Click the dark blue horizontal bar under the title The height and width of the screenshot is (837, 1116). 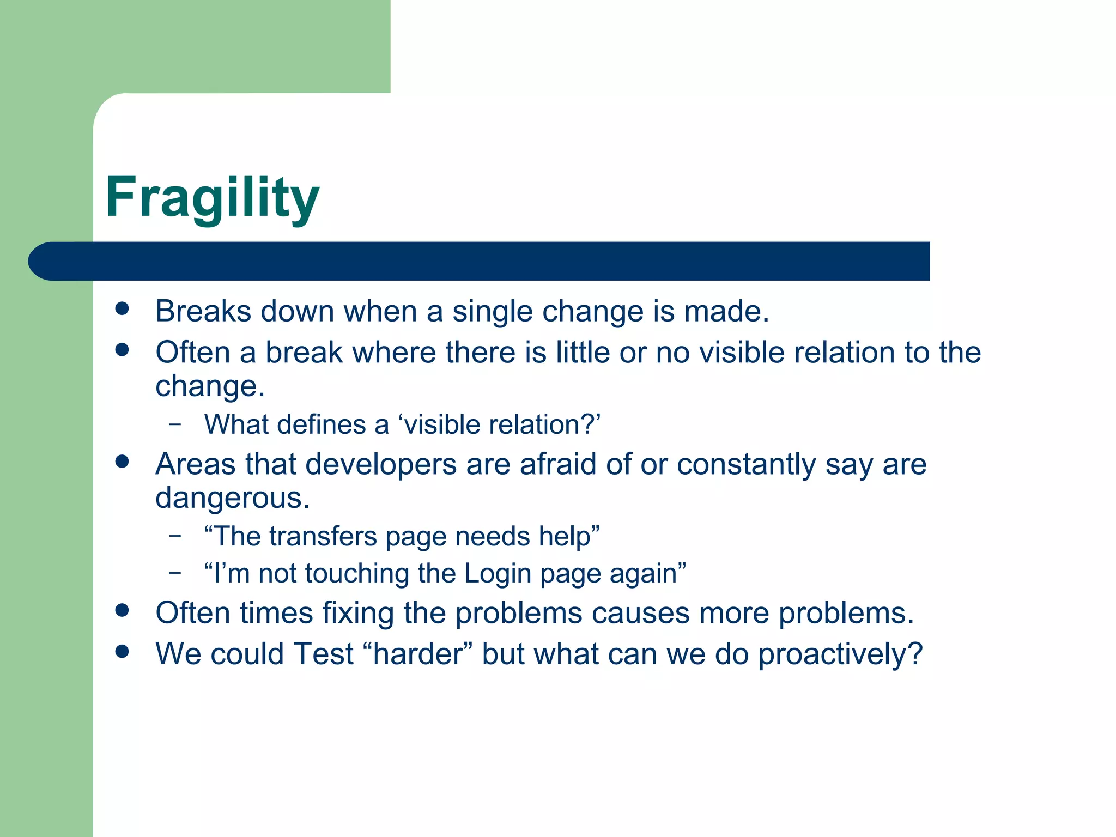(480, 261)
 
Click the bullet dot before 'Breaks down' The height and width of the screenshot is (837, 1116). (122, 309)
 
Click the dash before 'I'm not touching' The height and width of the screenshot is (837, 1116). (175, 572)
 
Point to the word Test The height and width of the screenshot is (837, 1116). (323, 654)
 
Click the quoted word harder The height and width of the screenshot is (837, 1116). (418, 654)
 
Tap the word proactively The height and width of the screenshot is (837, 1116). (840, 654)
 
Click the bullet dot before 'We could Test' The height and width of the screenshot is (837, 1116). (122, 651)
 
